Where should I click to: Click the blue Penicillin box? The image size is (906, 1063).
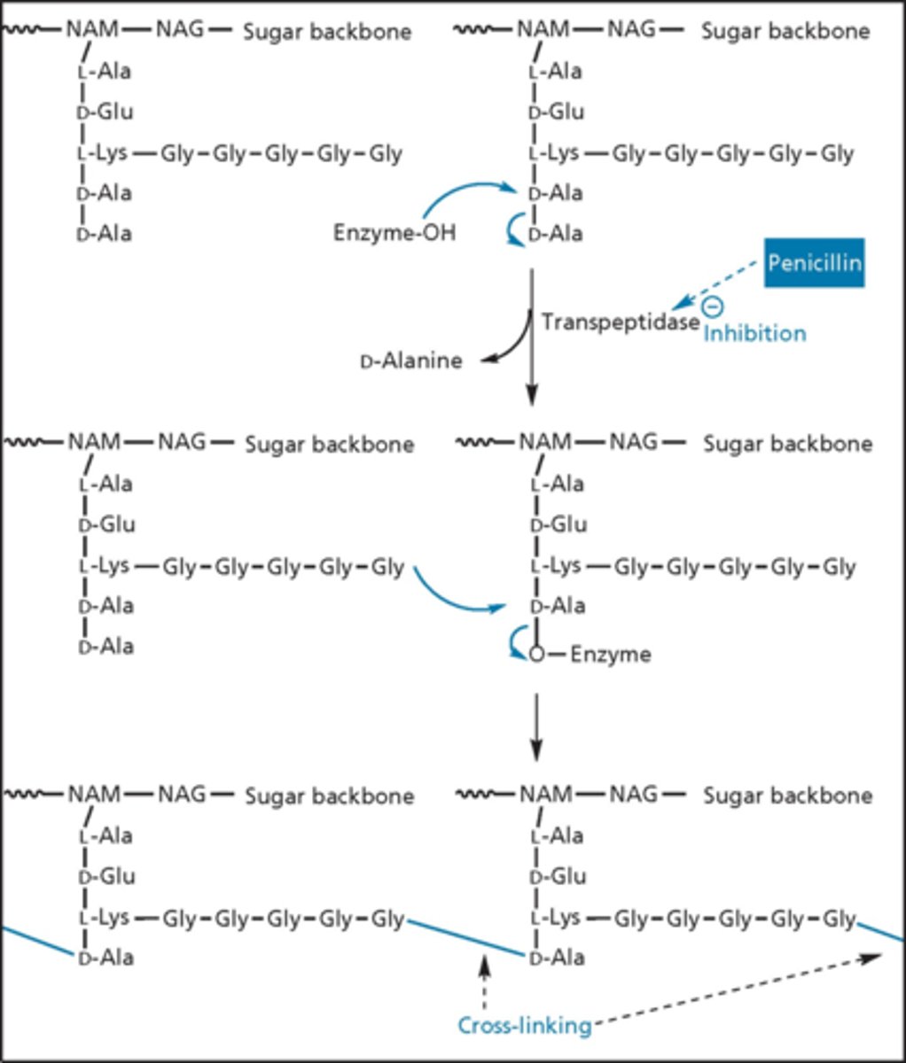tap(814, 263)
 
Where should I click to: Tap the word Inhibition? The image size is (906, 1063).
tap(754, 333)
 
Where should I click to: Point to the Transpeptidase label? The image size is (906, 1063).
tap(621, 322)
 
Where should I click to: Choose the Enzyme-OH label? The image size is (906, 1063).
tap(396, 234)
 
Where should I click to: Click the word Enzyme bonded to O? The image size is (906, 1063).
tap(610, 655)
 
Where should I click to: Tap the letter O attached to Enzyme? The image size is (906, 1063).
tap(536, 656)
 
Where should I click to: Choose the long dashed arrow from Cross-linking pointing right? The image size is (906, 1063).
tap(736, 989)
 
